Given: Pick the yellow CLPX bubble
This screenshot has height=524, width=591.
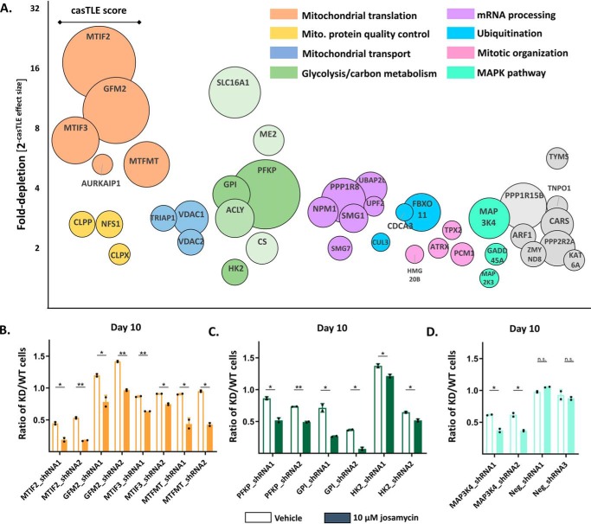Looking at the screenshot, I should [x=119, y=254].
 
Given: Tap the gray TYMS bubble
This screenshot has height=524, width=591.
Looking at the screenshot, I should [x=558, y=157].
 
